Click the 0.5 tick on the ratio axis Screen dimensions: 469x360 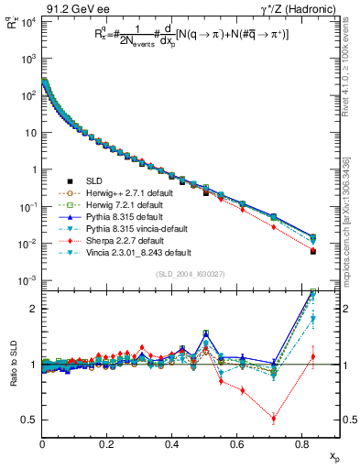click(32, 420)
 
